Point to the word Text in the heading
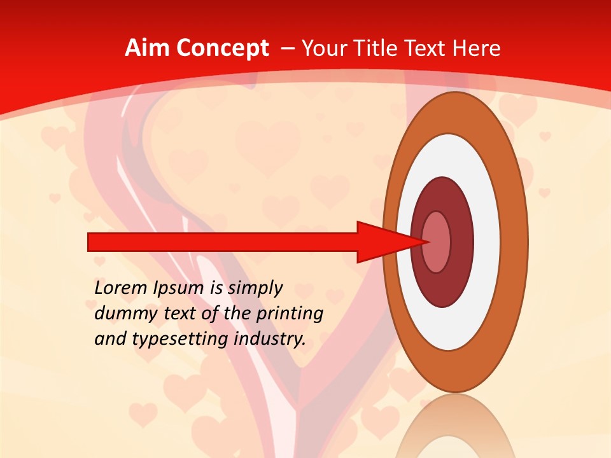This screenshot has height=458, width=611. coord(427,48)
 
